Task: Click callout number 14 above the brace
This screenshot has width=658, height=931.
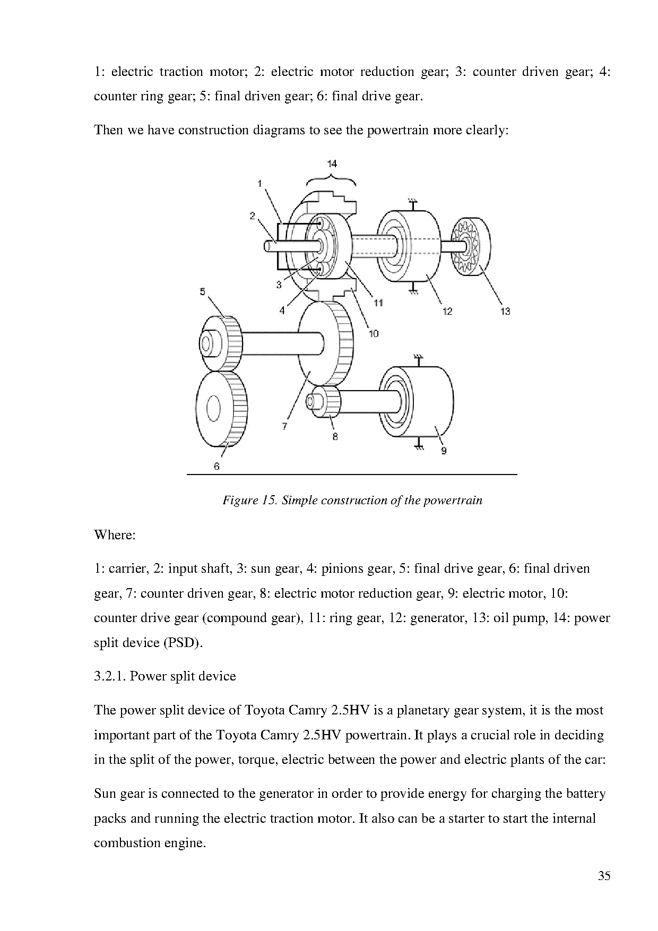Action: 332,163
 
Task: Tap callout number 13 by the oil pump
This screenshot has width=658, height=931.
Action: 505,311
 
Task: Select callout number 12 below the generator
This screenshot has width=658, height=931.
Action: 447,311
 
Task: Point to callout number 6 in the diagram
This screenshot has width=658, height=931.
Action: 217,466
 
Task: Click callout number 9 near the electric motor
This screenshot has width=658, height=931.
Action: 444,451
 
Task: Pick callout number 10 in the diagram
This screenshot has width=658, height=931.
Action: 374,333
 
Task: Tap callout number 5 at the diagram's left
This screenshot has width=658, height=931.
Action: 203,291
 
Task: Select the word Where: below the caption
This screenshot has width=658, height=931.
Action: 115,535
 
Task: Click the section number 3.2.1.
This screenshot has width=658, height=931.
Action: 110,676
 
